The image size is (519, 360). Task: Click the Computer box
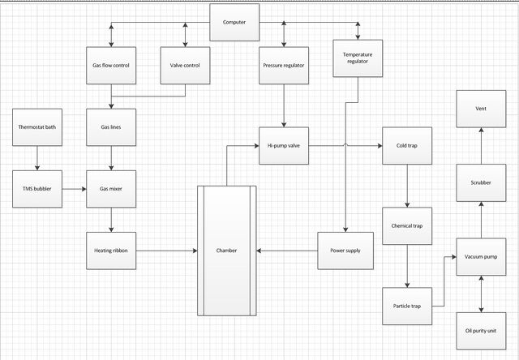pos(234,23)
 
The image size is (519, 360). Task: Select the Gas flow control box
pos(111,66)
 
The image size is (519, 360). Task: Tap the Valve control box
pos(185,66)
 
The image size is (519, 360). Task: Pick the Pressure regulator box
pos(284,66)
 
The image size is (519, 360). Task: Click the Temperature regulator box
pos(358,58)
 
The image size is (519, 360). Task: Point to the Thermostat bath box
pos(37,127)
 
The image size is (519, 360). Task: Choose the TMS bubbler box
pos(37,189)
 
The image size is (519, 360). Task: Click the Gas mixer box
pos(111,189)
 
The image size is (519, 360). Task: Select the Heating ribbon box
pos(111,251)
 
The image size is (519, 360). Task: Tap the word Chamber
pos(226,251)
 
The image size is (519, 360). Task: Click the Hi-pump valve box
pos(284,146)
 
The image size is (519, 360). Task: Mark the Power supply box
pos(345,251)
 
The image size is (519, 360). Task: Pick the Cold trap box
pos(407,146)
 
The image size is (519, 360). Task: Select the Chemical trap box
pos(407,226)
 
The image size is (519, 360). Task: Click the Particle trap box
pos(407,306)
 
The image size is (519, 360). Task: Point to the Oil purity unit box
pos(481,331)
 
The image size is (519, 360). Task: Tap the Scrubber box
pos(481,182)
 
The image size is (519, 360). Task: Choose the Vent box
pos(481,109)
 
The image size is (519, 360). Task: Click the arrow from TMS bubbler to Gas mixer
pos(74,189)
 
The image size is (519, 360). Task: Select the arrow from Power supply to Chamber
pos(287,251)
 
